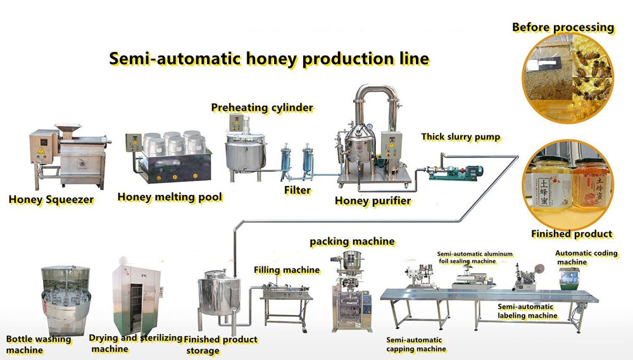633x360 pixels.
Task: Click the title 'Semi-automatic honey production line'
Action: pyautogui.click(x=269, y=59)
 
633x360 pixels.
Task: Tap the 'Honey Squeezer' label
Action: pyautogui.click(x=51, y=200)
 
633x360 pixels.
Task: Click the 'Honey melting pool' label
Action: pyautogui.click(x=170, y=197)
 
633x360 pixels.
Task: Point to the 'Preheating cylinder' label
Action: pyautogui.click(x=262, y=108)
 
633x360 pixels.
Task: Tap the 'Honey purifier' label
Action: pyautogui.click(x=373, y=201)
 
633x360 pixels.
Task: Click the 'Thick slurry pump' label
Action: pyautogui.click(x=460, y=137)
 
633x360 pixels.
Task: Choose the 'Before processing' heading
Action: pyautogui.click(x=563, y=27)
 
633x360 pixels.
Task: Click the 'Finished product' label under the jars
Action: pyautogui.click(x=572, y=234)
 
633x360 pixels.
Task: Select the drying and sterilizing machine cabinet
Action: pyautogui.click(x=135, y=296)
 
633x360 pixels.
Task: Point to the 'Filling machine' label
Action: pyautogui.click(x=287, y=270)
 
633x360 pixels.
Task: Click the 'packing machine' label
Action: pyautogui.click(x=352, y=242)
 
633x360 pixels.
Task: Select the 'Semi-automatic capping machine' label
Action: pyautogui.click(x=416, y=344)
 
